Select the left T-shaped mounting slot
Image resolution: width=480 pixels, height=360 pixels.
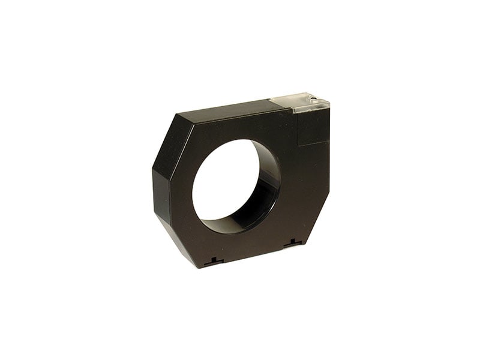point(213,262)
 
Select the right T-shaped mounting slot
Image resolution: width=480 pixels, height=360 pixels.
point(293,243)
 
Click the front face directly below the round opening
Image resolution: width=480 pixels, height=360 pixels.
point(240,246)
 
